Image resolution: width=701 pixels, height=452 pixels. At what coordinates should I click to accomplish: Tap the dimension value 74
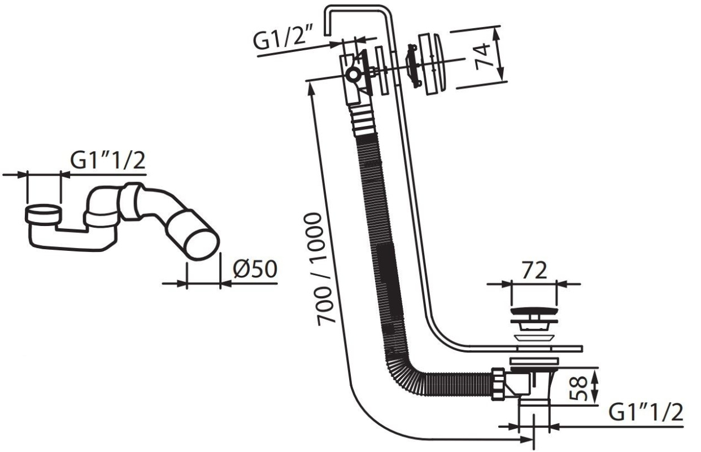pos(482,56)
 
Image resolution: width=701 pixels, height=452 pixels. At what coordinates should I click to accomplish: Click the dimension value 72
pos(534,270)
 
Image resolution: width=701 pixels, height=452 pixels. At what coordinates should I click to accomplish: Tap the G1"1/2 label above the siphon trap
pos(108,160)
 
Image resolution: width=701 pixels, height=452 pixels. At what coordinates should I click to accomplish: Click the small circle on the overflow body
pos(353,75)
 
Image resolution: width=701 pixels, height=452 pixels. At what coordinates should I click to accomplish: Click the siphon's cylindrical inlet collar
pos(42,215)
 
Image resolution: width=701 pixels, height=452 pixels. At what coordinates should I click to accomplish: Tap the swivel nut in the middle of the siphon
pos(130,201)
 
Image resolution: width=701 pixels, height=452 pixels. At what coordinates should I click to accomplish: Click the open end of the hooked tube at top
pos(327,34)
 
